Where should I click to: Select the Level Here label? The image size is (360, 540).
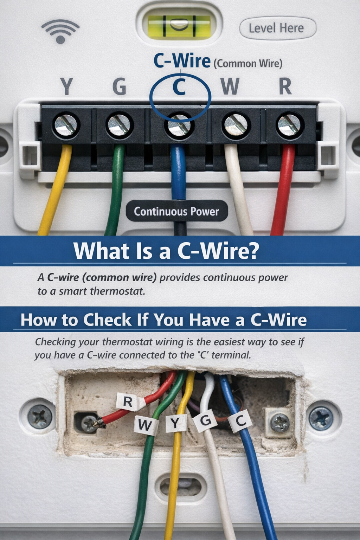(x=277, y=28)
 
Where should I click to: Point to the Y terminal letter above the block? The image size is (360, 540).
(x=66, y=86)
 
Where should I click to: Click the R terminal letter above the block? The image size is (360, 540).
(x=285, y=86)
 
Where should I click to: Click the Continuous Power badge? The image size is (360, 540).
(x=176, y=211)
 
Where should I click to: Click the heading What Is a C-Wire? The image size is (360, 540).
(x=166, y=251)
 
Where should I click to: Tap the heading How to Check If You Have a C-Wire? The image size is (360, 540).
(x=163, y=320)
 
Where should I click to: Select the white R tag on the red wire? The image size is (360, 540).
(x=128, y=401)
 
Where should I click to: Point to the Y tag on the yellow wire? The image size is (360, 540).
(x=175, y=424)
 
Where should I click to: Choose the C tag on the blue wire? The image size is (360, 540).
(x=240, y=421)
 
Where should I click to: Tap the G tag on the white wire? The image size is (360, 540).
(x=206, y=420)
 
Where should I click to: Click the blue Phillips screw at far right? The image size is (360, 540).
(x=320, y=418)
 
